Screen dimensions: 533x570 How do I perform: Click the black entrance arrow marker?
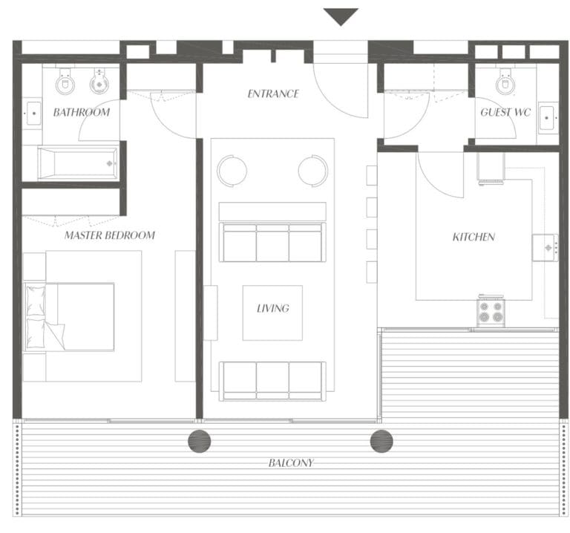[341, 16]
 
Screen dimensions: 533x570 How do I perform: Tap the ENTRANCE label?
[273, 94]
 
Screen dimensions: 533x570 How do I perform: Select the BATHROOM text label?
[81, 113]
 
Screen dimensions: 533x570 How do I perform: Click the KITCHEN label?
[474, 238]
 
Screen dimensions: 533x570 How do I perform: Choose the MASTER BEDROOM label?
[109, 235]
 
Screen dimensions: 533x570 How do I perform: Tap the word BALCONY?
[291, 463]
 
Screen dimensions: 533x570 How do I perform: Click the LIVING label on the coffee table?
[272, 308]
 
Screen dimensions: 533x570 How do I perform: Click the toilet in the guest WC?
[506, 82]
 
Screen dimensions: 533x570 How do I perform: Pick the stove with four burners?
[490, 312]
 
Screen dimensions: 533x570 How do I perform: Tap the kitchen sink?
[546, 248]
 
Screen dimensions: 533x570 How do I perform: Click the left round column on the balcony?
[199, 442]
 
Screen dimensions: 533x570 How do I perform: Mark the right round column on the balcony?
[381, 442]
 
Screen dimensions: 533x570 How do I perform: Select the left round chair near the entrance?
[232, 170]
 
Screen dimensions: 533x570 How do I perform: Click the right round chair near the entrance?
[313, 170]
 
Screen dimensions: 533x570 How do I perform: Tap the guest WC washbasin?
[548, 117]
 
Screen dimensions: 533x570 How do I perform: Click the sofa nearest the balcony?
[272, 380]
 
